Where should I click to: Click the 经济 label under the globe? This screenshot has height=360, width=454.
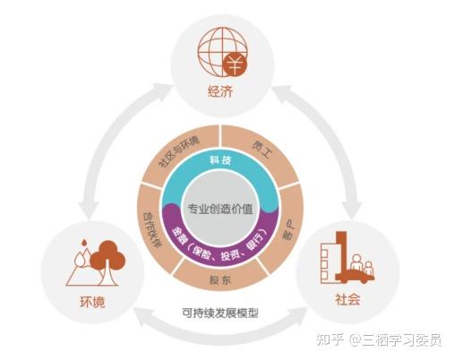(220, 91)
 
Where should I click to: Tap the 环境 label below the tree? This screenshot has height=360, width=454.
(92, 302)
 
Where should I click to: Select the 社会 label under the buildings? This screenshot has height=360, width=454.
(347, 299)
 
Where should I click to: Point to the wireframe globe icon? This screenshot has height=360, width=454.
(222, 51)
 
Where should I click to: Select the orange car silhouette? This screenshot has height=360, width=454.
(356, 277)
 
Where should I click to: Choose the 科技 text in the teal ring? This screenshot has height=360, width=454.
(220, 160)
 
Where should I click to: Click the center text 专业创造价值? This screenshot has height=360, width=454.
(220, 209)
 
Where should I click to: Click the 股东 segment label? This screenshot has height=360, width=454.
(220, 280)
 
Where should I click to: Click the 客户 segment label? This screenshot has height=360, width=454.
(289, 229)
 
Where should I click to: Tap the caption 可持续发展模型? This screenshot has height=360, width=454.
(220, 313)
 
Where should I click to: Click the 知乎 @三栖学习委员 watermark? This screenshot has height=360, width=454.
(379, 340)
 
